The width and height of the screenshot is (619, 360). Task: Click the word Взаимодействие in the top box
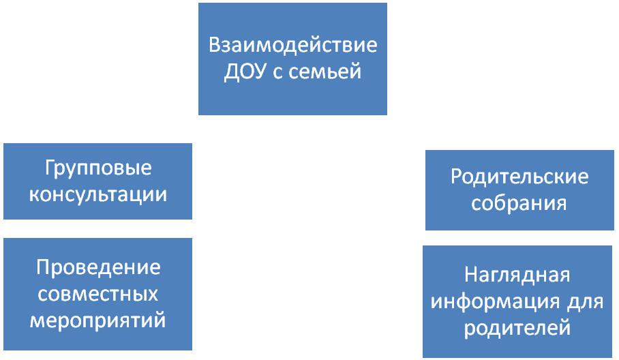click(x=292, y=46)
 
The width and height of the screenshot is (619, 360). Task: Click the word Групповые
click(x=97, y=168)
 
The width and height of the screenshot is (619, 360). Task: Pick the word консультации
click(x=97, y=194)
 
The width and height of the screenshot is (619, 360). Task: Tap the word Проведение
click(x=97, y=267)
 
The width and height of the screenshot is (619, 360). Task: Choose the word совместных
click(x=97, y=293)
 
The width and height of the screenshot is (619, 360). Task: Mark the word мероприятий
click(x=97, y=320)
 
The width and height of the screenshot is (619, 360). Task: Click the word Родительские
click(x=519, y=177)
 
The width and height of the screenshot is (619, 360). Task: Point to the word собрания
click(x=519, y=203)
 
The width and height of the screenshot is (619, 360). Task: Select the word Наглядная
click(x=517, y=275)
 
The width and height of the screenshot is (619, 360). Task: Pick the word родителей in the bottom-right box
click(x=517, y=328)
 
